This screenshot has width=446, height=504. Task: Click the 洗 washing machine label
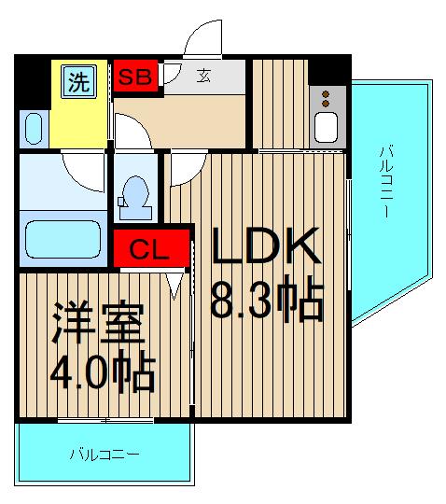pos(79,81)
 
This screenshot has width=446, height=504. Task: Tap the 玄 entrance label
pos(202,77)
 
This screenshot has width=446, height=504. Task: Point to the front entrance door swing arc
pos(203,37)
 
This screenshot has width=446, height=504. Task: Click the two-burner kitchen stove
pos(327,98)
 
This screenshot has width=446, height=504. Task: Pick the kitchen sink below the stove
pos(327,126)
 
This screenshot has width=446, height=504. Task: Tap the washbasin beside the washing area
pos(34,128)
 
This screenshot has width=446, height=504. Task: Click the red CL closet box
pos(149,250)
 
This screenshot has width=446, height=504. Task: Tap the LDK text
pos(266,248)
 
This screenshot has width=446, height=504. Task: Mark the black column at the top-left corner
pos(32,78)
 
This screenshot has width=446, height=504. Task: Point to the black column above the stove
pos(327,69)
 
